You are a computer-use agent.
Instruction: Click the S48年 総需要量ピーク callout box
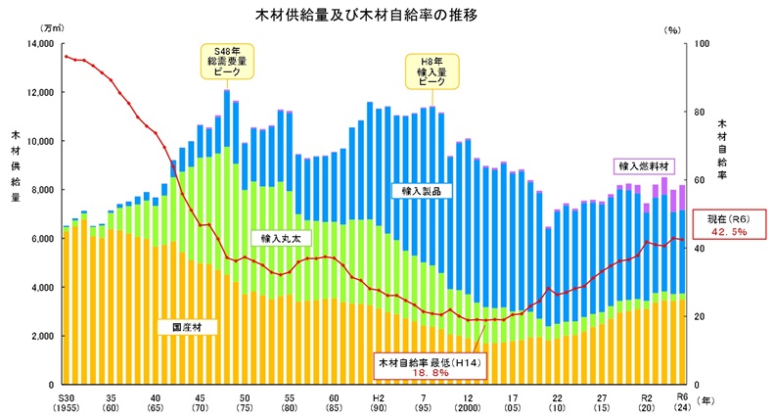(227, 63)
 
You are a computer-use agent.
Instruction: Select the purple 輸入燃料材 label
(640, 165)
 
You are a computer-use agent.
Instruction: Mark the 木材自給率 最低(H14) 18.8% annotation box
(428, 366)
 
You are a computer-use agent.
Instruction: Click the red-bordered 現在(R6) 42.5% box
(730, 225)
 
